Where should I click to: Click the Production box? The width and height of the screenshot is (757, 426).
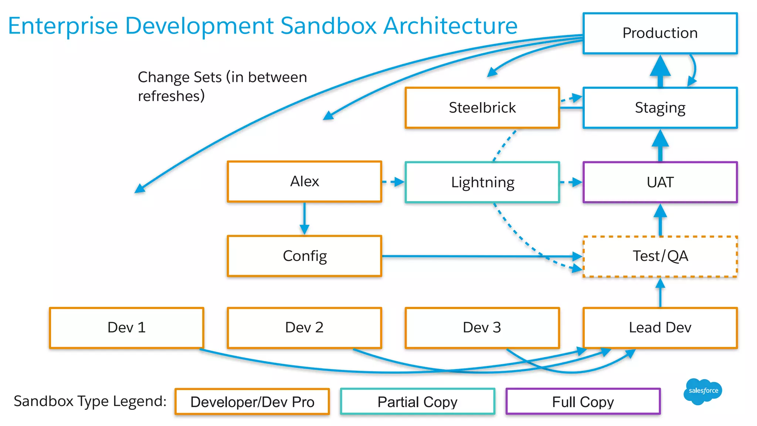coord(660,33)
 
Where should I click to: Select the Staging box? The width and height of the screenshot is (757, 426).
coord(660,108)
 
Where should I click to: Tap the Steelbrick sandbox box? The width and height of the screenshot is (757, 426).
coord(482,108)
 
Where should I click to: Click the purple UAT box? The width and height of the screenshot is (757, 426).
coord(660,182)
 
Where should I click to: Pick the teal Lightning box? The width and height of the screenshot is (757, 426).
coord(482,182)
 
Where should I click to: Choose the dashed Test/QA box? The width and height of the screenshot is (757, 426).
coord(660,256)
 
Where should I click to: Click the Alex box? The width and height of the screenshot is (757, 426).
coord(304,182)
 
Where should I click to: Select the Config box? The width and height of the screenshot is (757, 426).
coord(304,256)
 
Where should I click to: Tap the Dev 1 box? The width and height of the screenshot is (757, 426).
coord(126,328)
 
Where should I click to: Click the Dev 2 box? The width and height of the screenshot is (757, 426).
coord(304,328)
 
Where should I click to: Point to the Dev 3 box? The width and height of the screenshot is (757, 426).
coord(482,328)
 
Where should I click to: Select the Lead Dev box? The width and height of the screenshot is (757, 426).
coord(660,328)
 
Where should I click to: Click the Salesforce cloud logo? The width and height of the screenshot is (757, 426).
coord(703,391)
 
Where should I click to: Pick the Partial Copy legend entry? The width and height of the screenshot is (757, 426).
coord(417,402)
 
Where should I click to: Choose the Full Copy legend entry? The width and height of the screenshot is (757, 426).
coord(583,402)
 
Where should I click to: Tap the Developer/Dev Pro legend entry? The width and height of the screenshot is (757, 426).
coord(252,402)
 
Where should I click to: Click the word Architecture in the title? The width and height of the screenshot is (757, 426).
coord(450,26)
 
